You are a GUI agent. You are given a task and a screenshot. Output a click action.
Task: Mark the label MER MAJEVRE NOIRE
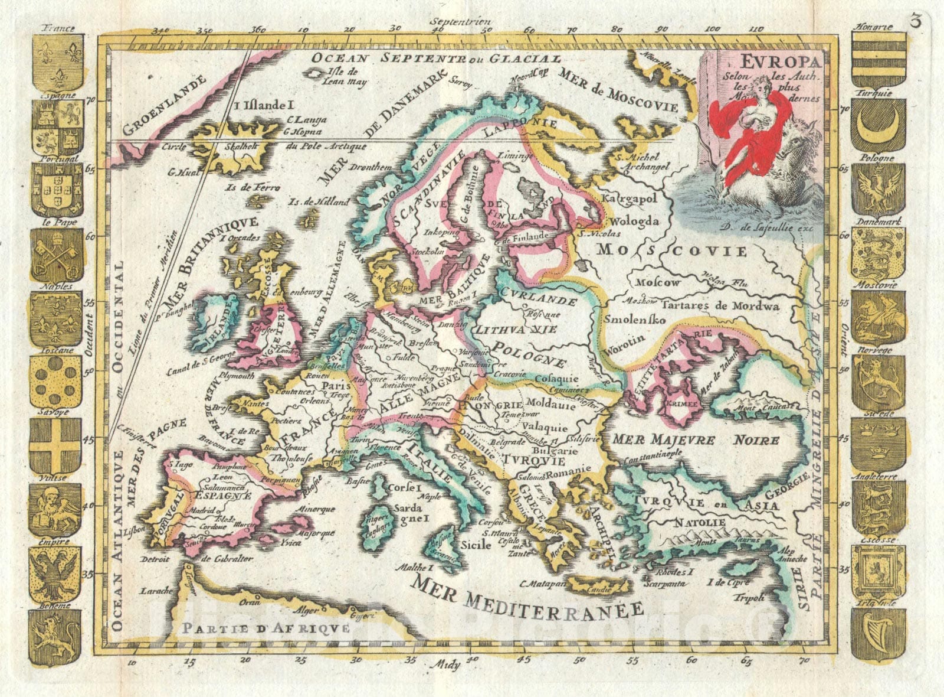coord(696,440)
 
